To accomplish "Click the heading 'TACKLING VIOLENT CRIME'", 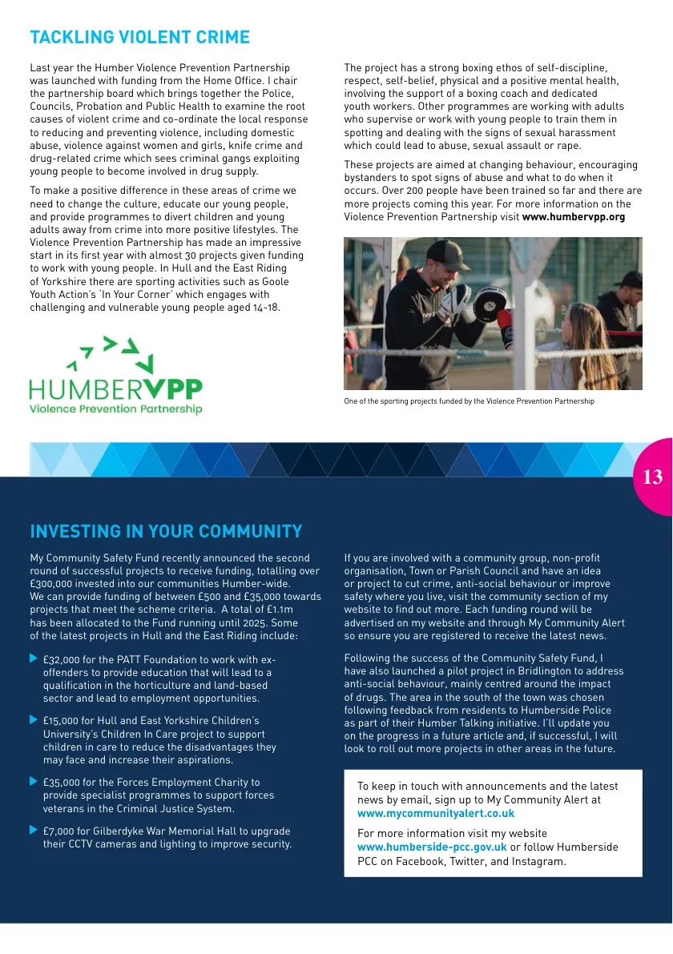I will pyautogui.click(x=139, y=38).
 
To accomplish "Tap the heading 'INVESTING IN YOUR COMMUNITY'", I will pyautogui.click(x=166, y=532).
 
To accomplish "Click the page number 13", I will pyautogui.click(x=652, y=477).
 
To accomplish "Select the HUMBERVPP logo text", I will pyautogui.click(x=116, y=389).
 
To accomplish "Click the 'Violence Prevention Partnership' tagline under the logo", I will pyautogui.click(x=116, y=409).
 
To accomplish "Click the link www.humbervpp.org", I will pyautogui.click(x=573, y=217).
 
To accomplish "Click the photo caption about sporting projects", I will pyautogui.click(x=469, y=401).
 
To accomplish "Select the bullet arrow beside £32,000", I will pyautogui.click(x=34, y=658).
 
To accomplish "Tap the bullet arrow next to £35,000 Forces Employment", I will pyautogui.click(x=34, y=781).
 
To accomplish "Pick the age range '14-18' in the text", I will pyautogui.click(x=264, y=308).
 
